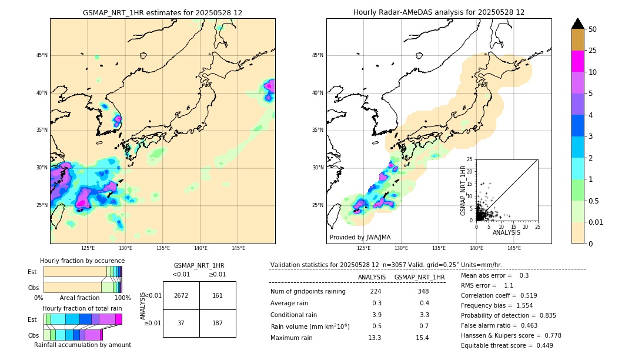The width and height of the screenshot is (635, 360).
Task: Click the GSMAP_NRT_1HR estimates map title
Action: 162,12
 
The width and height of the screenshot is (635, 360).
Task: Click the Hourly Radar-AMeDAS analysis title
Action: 439,12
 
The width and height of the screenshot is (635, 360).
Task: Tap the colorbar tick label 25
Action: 593,51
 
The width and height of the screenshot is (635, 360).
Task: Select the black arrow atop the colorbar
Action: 578,24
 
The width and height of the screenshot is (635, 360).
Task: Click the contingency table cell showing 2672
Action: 181,295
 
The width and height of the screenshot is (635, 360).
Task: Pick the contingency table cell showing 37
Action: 181,323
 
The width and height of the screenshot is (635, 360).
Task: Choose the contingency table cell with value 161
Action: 218,295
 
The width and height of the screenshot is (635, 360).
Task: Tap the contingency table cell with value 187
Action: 218,323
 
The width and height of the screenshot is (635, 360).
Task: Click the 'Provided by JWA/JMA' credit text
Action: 360,237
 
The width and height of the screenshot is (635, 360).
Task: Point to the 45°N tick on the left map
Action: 42,55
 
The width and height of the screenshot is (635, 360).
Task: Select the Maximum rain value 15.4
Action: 422,338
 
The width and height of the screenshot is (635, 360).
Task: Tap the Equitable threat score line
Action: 506,345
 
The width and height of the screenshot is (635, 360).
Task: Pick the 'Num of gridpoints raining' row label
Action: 308,291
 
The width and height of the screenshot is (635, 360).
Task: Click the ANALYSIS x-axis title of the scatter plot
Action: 506,232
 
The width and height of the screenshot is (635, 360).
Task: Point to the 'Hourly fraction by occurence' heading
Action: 82,261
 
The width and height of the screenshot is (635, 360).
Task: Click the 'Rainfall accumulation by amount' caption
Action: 82,345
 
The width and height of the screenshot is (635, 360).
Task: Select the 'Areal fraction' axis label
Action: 79,298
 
